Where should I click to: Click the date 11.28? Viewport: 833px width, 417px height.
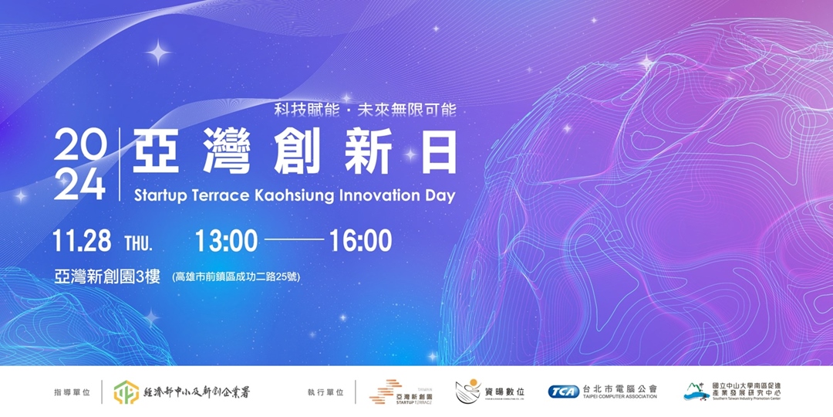(x=82, y=241)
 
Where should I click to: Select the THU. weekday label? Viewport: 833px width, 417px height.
(x=139, y=243)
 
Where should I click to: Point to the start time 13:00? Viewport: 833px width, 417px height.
(x=226, y=241)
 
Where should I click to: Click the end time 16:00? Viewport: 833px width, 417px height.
(x=360, y=241)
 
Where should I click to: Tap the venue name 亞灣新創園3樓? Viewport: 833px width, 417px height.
(x=107, y=276)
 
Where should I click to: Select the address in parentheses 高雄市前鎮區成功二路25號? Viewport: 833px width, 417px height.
(x=236, y=277)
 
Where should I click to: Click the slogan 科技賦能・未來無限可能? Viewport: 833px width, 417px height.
(x=366, y=110)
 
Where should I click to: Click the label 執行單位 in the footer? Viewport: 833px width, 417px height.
(x=326, y=392)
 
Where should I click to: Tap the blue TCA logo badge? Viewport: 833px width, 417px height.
(x=564, y=392)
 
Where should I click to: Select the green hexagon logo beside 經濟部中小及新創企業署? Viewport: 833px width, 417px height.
(x=126, y=392)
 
